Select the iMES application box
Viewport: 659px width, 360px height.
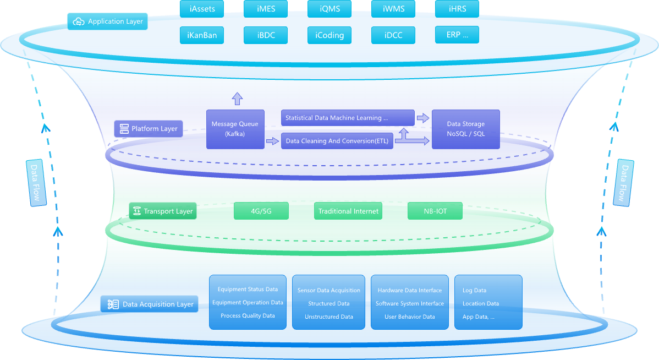[x=266, y=9]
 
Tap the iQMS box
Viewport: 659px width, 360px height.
[x=329, y=9]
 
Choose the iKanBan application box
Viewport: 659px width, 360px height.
[x=201, y=35]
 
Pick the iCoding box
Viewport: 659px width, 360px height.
[x=329, y=35]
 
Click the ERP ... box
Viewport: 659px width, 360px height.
[x=457, y=35]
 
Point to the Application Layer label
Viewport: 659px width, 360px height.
[x=108, y=21]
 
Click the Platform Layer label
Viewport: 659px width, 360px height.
[x=148, y=129]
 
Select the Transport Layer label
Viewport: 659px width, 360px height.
[x=163, y=211]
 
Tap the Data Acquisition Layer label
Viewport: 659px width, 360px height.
[x=150, y=304]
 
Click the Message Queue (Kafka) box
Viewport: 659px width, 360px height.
[x=235, y=129]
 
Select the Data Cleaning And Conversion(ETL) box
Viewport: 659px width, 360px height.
[x=337, y=141]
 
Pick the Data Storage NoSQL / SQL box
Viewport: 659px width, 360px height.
[x=466, y=129]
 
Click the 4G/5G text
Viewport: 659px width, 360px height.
[x=261, y=211]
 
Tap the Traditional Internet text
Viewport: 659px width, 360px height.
[x=348, y=211]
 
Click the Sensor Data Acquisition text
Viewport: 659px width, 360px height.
[x=328, y=291]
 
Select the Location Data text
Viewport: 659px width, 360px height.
[x=480, y=304]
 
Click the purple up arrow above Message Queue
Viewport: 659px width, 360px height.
[x=237, y=99]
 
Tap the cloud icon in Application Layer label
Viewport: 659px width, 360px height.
[x=79, y=21]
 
